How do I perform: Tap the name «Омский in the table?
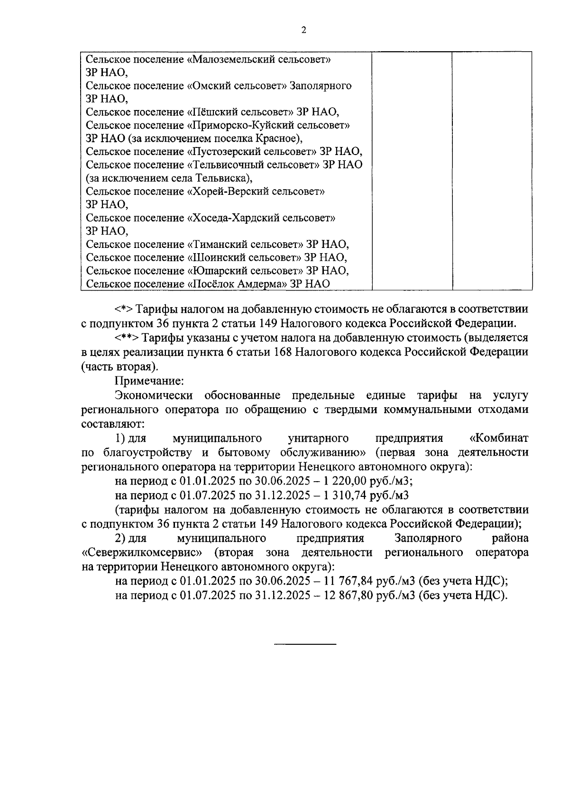[x=208, y=86]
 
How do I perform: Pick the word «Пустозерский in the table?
[x=223, y=152]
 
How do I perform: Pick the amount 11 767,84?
[x=348, y=581]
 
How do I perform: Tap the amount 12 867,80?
[x=348, y=595]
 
